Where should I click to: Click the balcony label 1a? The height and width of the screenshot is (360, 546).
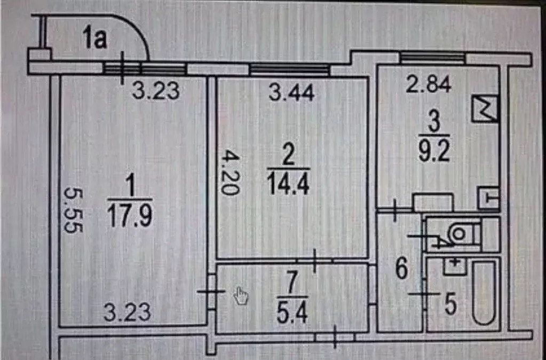click(94, 38)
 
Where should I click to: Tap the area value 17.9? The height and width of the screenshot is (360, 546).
click(130, 215)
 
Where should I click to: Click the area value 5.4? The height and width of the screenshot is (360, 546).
click(292, 312)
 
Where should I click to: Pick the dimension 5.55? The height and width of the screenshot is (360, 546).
click(74, 210)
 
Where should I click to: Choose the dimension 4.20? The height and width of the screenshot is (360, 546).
click(231, 172)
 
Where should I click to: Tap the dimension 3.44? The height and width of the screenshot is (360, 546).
click(292, 92)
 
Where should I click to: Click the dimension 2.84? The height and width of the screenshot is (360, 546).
click(429, 84)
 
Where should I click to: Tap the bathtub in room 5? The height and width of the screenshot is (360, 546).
click(484, 293)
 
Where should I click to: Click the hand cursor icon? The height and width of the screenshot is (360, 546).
click(241, 296)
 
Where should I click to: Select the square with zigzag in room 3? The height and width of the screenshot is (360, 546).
click(484, 109)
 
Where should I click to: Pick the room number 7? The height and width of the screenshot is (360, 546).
click(292, 283)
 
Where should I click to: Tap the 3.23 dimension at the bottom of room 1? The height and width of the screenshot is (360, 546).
click(128, 312)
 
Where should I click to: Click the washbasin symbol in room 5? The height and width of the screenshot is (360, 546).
click(454, 266)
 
